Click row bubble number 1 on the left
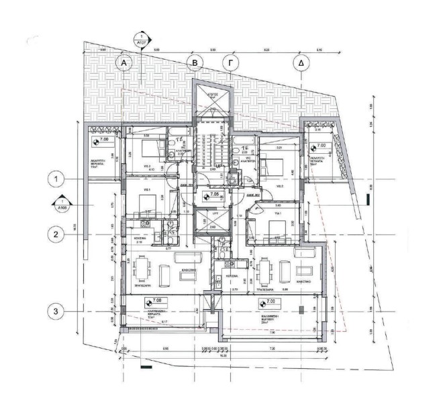[58, 179]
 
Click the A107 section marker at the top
[141, 39]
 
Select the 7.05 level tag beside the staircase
[211, 195]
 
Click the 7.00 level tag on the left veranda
[99, 142]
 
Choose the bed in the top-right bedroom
[274, 163]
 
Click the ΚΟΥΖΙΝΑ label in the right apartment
[232, 276]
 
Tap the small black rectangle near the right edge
[368, 198]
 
